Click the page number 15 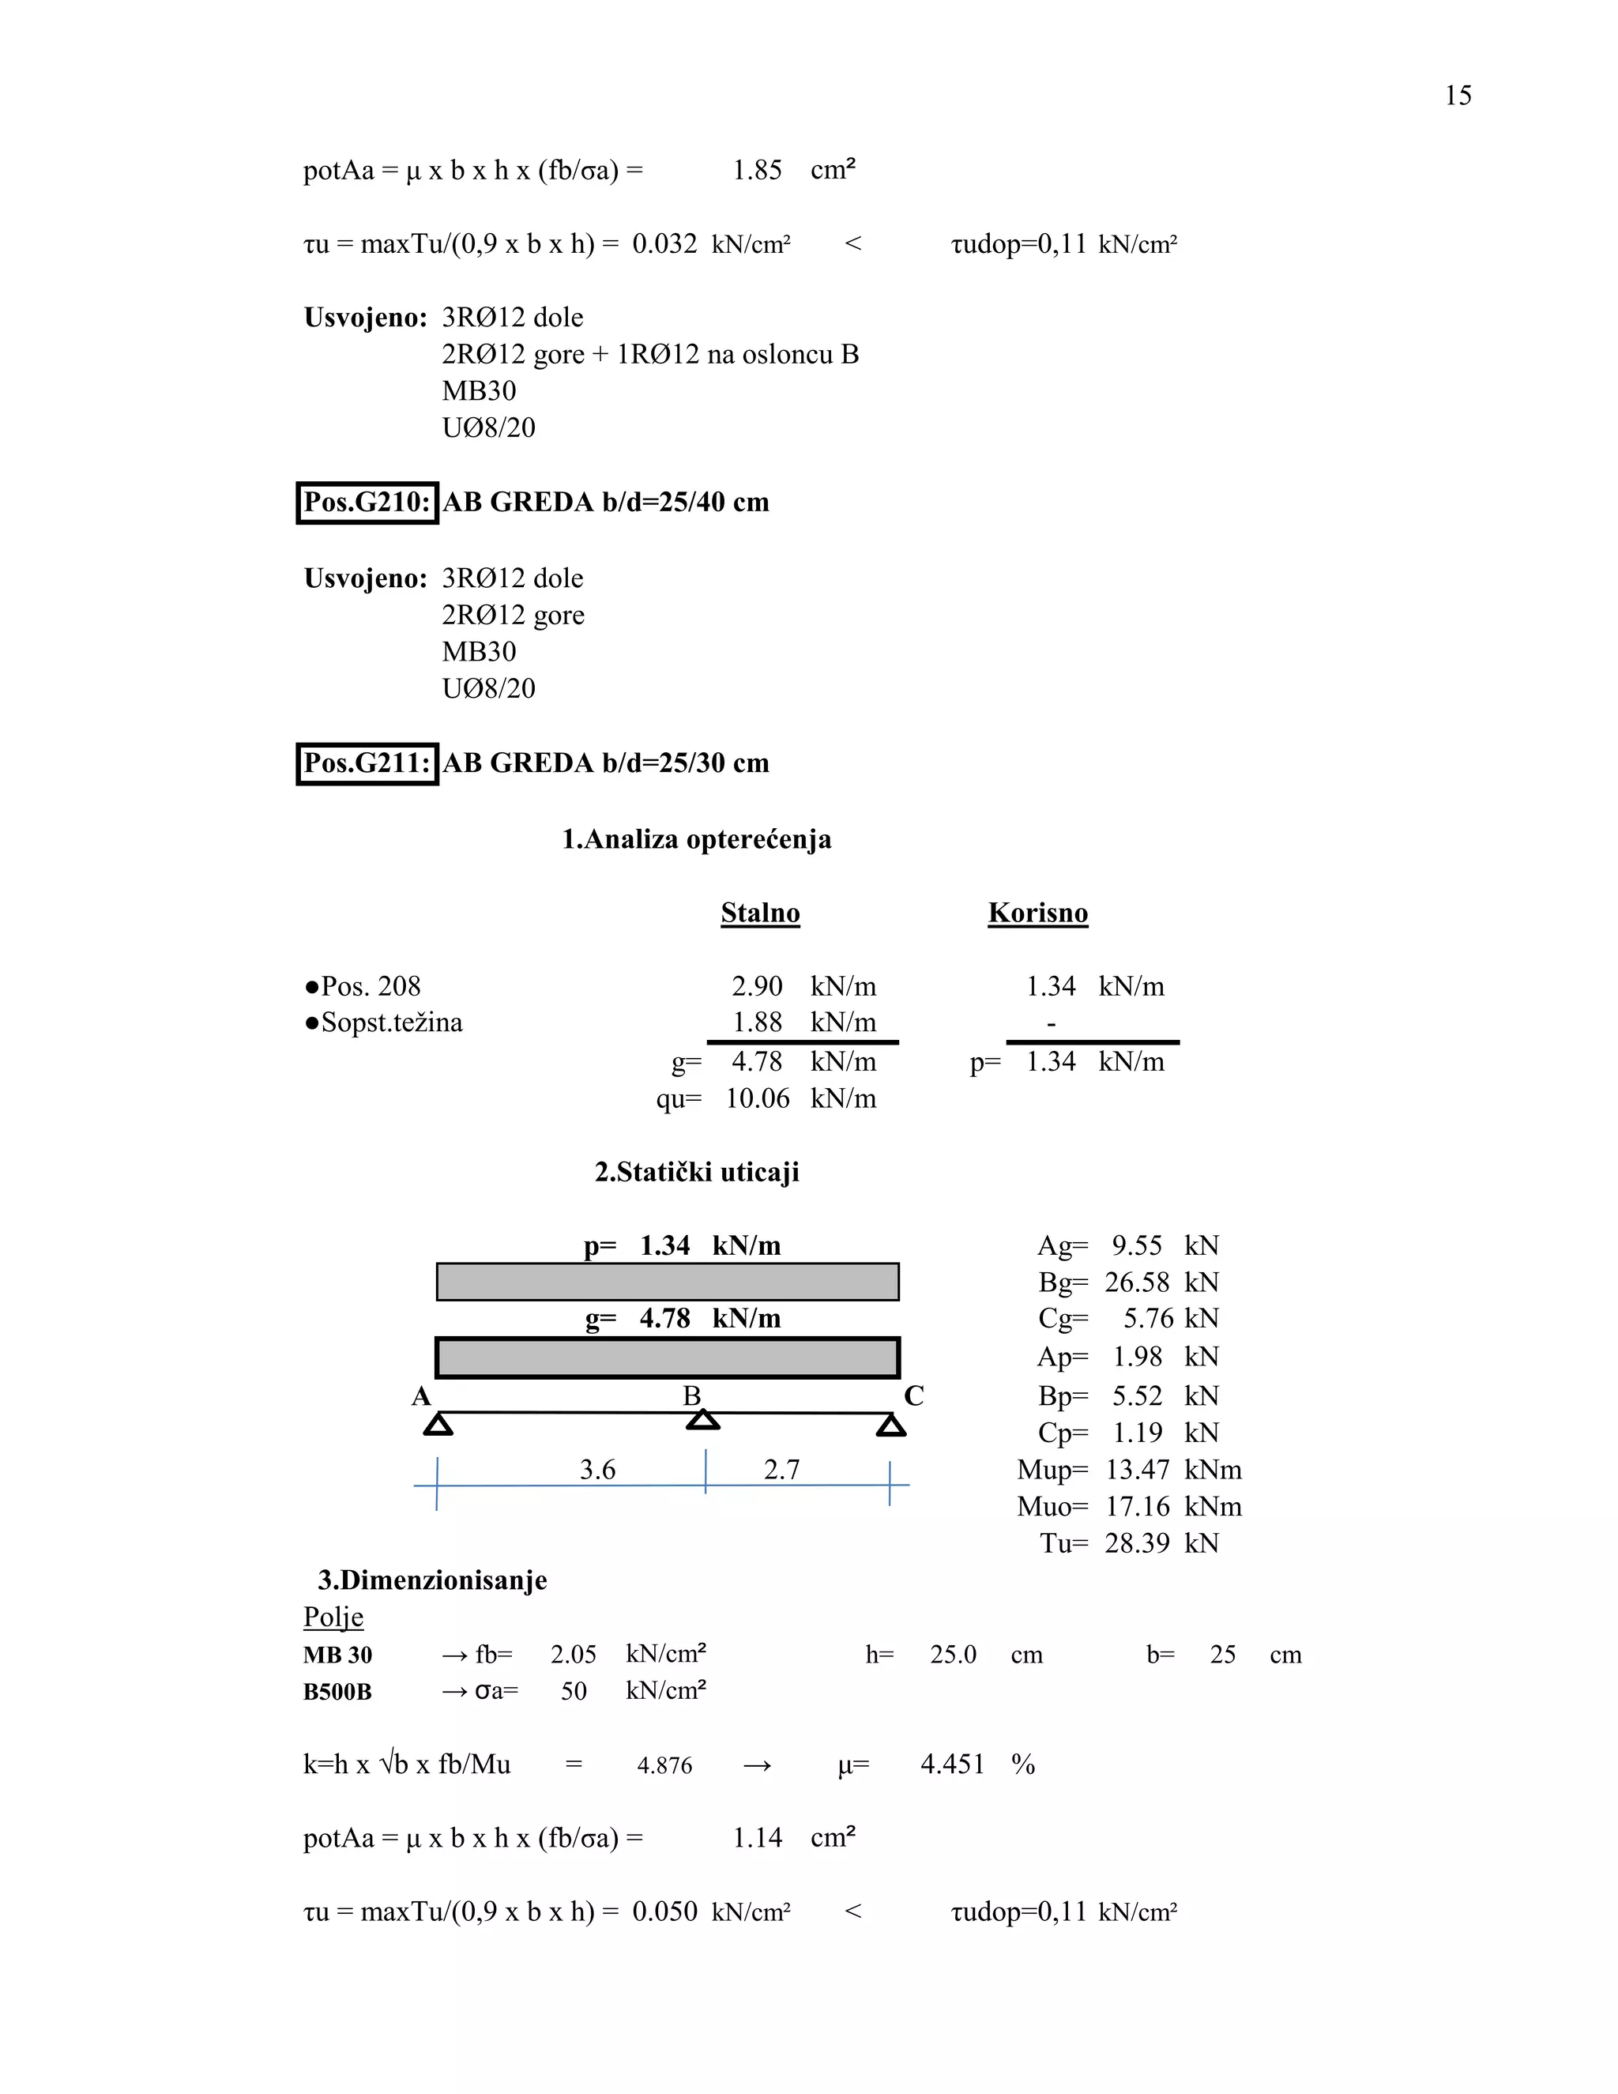coord(1457,96)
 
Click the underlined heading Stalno coord(760,913)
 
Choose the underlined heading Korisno coord(1037,913)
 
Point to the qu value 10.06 coord(757,1099)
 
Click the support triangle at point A coord(438,1425)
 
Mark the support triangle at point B coord(704,1420)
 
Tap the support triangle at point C coord(890,1426)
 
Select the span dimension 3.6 coord(597,1470)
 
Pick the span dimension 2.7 coord(781,1470)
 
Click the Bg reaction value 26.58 coord(1137,1282)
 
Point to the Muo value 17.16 coord(1137,1507)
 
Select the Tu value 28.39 coord(1137,1544)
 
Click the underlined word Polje coord(333,1618)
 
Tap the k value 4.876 coord(664,1766)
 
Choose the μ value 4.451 coord(952,1765)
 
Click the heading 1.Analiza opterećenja coord(696,840)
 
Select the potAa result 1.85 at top coord(757,171)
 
